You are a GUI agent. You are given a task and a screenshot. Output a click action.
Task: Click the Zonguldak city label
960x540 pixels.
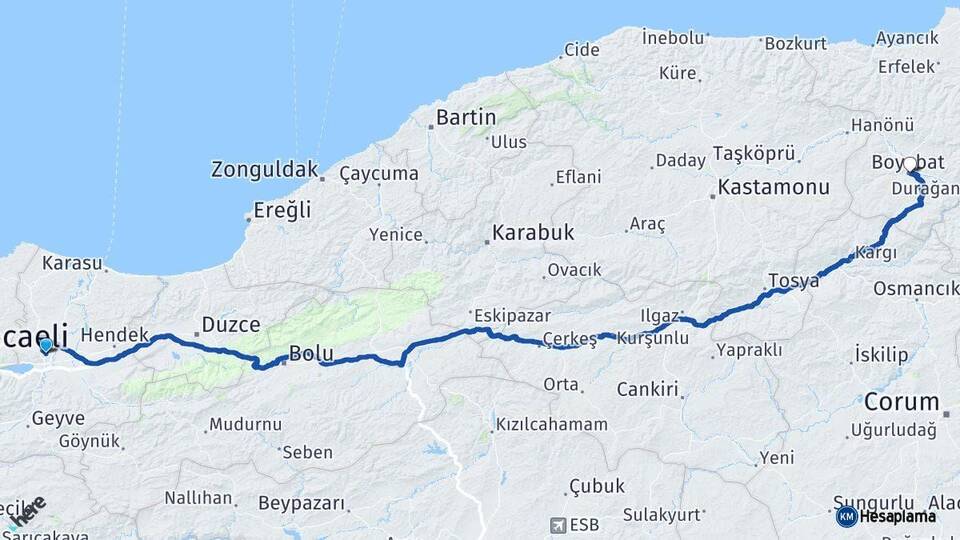(264, 170)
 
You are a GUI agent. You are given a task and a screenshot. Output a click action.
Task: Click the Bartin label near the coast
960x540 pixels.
(466, 118)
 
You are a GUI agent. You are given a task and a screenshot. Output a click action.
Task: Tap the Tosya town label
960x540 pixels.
(793, 281)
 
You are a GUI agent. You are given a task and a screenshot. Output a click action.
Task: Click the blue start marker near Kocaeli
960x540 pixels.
(45, 346)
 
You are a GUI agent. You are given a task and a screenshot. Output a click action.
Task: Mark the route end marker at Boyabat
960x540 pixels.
(910, 163)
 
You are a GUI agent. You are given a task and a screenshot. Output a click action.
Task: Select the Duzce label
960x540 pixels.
(231, 324)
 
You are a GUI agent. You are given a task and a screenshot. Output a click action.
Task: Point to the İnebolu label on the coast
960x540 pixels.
(675, 37)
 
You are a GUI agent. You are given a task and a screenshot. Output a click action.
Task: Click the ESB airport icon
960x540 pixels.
(558, 524)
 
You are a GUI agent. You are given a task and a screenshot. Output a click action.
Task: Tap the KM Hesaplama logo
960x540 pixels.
(886, 516)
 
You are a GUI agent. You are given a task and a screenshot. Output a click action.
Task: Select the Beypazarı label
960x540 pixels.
(301, 503)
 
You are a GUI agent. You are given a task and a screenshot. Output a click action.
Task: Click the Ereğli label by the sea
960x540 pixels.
(283, 211)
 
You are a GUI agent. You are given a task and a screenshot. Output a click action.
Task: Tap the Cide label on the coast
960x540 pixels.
(582, 49)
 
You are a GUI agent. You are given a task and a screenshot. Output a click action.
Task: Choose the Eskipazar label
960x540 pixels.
(513, 315)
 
